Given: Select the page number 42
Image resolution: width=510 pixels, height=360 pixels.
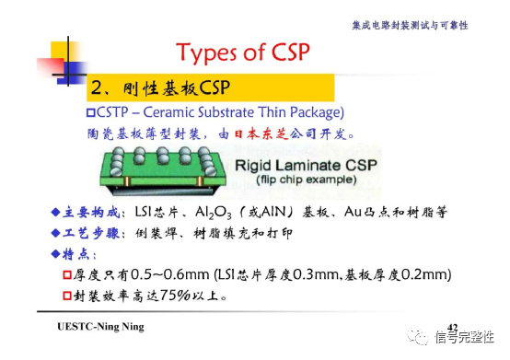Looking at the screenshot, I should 452,328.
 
